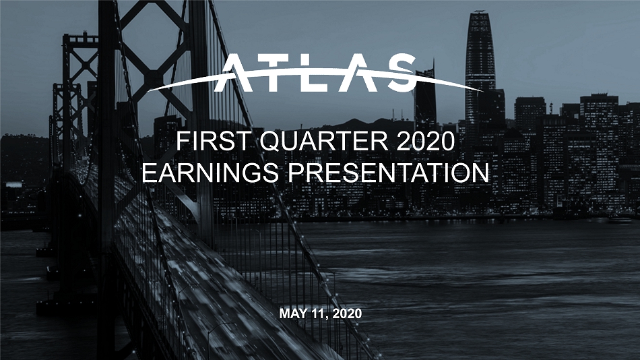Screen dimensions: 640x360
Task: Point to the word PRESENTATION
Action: (x=389, y=173)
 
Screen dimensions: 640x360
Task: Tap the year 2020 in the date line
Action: (x=347, y=314)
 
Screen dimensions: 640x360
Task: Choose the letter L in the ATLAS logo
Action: (x=319, y=73)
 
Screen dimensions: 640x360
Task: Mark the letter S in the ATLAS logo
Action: (x=399, y=73)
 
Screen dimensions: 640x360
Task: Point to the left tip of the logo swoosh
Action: (x=148, y=91)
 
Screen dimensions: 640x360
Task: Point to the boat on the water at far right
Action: (x=620, y=220)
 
